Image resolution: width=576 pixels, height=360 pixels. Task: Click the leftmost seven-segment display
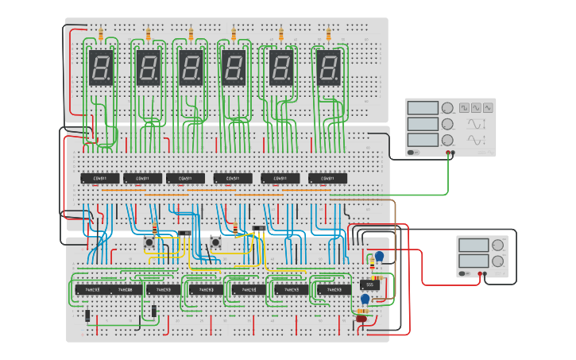101,68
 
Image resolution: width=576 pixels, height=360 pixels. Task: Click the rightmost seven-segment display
329,68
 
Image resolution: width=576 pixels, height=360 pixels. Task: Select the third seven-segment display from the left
191,68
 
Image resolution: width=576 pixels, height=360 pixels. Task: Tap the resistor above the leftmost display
100,34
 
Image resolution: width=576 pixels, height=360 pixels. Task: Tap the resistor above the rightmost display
328,34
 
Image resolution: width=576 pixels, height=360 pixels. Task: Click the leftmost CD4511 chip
100,177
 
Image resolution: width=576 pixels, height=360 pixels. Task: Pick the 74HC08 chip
130,290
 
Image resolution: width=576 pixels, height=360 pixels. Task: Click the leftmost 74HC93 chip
91,290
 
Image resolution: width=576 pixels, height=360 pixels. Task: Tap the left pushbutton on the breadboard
149,242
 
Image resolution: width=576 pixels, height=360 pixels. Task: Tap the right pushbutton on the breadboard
215,242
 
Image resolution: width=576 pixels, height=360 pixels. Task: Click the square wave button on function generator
462,107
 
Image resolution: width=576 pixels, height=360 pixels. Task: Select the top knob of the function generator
447,108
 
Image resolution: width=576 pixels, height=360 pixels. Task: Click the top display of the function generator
423,108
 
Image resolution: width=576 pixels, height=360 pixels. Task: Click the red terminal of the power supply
480,273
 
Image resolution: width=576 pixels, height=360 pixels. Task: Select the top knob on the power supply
498,245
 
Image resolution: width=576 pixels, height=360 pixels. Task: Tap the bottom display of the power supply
474,261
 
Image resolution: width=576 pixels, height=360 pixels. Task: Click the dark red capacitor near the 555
362,318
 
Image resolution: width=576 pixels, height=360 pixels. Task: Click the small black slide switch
259,229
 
